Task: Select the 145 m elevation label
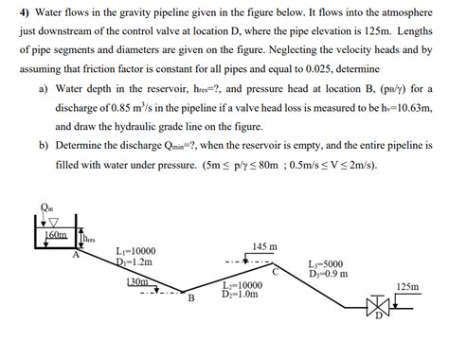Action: (x=265, y=246)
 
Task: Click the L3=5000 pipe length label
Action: (x=328, y=264)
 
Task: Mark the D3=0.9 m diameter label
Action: (x=329, y=275)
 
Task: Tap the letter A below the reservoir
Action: (x=77, y=253)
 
